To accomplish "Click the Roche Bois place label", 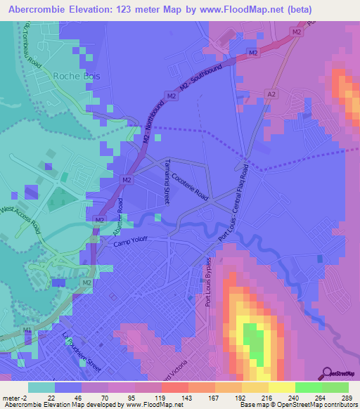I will coord(77,76).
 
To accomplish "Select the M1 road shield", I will coord(27,330).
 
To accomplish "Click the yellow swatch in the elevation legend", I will coord(281,387).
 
